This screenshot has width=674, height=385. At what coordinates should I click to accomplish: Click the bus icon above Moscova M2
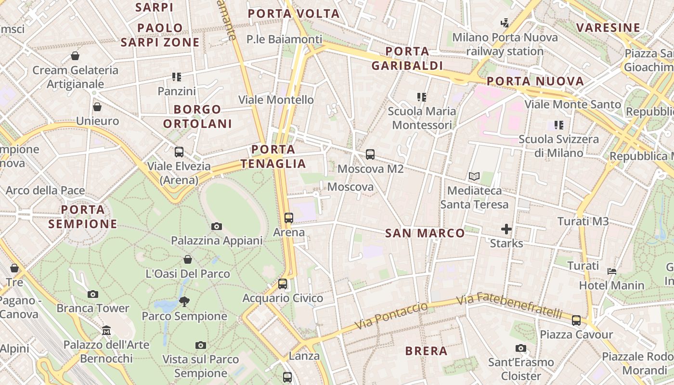(x=370, y=154)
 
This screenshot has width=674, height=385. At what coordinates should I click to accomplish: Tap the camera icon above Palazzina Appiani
(x=217, y=226)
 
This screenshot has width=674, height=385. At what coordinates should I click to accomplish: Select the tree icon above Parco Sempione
(x=184, y=302)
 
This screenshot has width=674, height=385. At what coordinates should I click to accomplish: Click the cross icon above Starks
(x=506, y=229)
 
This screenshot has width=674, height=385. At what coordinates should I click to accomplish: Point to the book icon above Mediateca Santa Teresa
(x=474, y=177)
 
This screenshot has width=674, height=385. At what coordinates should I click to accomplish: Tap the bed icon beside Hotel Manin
(x=612, y=271)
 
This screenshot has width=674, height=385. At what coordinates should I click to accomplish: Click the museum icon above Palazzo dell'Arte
(x=106, y=331)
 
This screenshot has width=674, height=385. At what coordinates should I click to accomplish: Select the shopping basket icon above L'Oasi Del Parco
(x=188, y=259)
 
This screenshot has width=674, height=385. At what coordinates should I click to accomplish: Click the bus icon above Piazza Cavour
(x=576, y=320)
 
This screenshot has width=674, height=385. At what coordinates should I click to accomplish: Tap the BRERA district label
(x=426, y=351)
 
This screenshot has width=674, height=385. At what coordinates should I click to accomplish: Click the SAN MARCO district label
(x=425, y=233)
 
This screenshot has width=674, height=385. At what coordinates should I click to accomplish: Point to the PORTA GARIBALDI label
(x=407, y=58)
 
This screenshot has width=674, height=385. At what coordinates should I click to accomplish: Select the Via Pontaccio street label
(x=391, y=316)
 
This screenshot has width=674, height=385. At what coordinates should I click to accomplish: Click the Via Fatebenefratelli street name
(x=509, y=306)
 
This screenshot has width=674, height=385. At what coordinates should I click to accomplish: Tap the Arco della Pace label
(x=45, y=191)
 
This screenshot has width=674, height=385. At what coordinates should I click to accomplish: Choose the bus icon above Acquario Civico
(x=283, y=284)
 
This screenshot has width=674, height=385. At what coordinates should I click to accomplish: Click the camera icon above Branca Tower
(x=93, y=294)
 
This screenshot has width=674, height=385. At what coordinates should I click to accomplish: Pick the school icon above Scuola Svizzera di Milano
(x=558, y=125)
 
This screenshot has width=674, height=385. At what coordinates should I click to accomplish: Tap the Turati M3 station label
(x=583, y=221)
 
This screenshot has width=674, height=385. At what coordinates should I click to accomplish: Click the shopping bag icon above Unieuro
(x=97, y=107)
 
